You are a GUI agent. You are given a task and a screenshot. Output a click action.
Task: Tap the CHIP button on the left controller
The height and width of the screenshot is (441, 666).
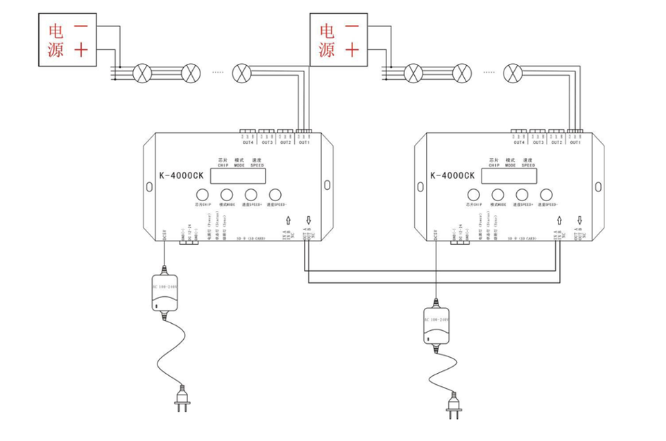(x=202, y=195)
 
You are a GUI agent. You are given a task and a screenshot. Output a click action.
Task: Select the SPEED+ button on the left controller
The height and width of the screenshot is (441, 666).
(x=250, y=195)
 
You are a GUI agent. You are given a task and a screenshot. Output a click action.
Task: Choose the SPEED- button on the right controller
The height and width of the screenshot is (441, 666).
(x=545, y=195)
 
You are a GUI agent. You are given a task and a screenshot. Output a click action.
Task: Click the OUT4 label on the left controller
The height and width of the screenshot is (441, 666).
(x=248, y=142)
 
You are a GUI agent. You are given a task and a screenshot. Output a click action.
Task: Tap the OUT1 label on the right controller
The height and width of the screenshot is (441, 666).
(x=574, y=142)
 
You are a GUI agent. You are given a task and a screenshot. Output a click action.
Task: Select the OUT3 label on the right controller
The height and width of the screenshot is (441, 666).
(x=538, y=142)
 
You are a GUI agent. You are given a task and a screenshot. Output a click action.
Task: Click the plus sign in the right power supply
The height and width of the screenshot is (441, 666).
(x=352, y=50)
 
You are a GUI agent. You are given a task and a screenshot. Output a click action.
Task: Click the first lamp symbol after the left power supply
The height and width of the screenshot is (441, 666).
(x=142, y=71)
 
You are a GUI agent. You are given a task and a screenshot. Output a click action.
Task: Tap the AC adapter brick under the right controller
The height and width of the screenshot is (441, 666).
(x=436, y=326)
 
